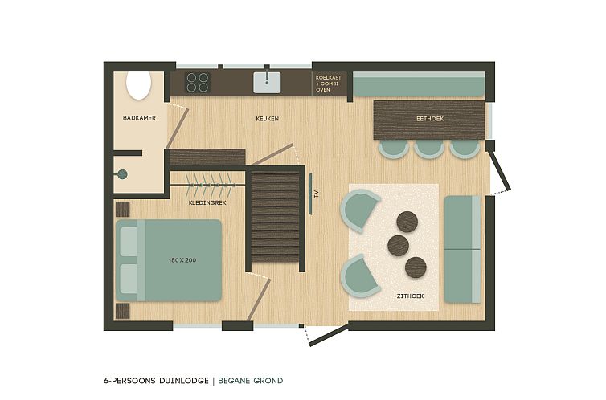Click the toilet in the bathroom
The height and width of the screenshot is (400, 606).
(x=139, y=85)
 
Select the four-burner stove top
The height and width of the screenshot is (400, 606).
(x=198, y=82)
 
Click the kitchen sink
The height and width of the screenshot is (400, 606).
(x=268, y=82)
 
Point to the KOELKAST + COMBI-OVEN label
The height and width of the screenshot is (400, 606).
(x=330, y=83)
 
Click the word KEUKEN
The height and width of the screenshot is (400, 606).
(x=267, y=119)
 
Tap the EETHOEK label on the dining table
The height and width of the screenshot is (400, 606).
(x=430, y=119)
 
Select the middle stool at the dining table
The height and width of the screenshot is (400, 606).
(x=428, y=148)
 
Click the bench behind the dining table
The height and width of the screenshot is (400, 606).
(x=418, y=84)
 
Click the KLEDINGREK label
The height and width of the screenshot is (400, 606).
(x=206, y=202)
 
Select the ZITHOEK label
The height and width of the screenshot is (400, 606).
(x=410, y=296)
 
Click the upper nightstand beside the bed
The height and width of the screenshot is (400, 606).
(x=122, y=209)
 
